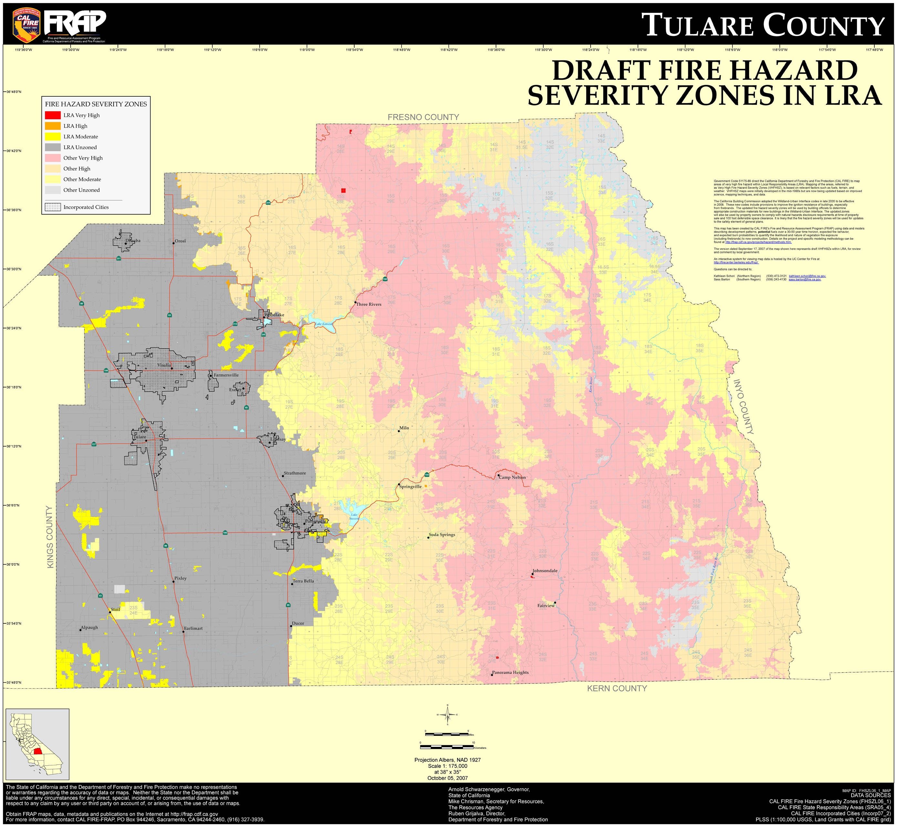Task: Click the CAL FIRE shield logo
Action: [27, 23]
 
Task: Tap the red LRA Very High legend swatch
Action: [53, 115]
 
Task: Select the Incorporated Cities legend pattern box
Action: [53, 207]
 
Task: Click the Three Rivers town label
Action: [368, 304]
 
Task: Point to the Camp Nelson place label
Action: [512, 478]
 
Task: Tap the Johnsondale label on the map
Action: [545, 571]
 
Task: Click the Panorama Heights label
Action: [510, 673]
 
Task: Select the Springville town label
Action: [410, 486]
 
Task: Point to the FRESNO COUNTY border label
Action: [423, 117]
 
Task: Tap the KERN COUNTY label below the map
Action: [617, 689]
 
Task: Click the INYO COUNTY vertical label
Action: [743, 407]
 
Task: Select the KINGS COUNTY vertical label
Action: [50, 537]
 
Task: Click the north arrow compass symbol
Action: [448, 715]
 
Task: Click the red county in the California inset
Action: [37, 751]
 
